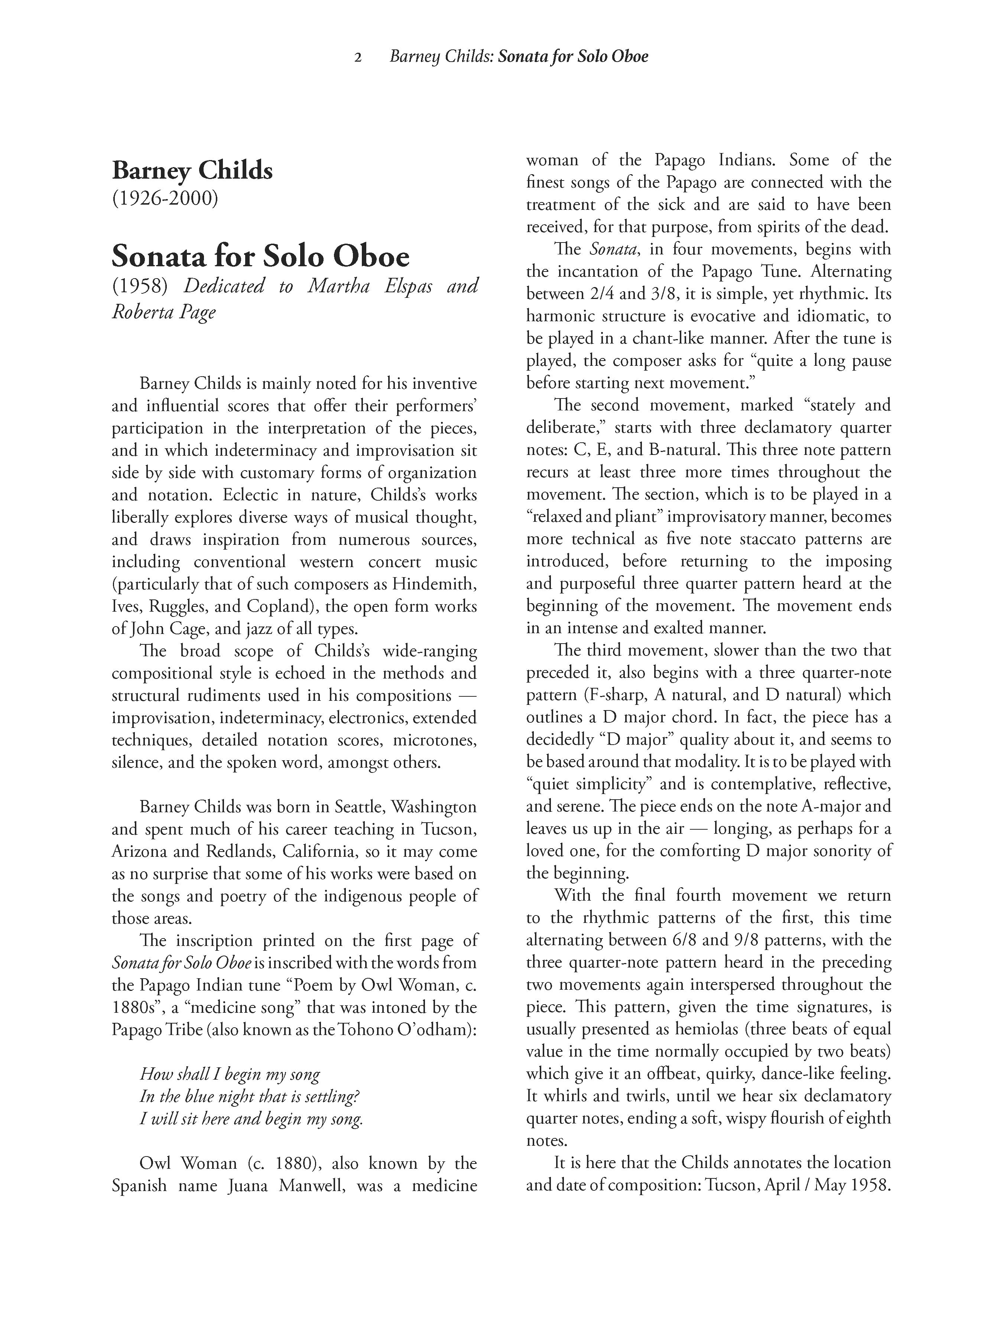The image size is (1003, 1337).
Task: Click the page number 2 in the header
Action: [x=358, y=58]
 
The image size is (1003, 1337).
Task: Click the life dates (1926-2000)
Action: [x=165, y=198]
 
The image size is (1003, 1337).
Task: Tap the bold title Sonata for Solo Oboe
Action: [x=260, y=256]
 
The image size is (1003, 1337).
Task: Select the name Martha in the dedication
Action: [x=338, y=286]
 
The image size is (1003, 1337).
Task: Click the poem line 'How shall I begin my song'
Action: [x=230, y=1074]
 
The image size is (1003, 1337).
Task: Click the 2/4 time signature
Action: [x=568, y=294]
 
